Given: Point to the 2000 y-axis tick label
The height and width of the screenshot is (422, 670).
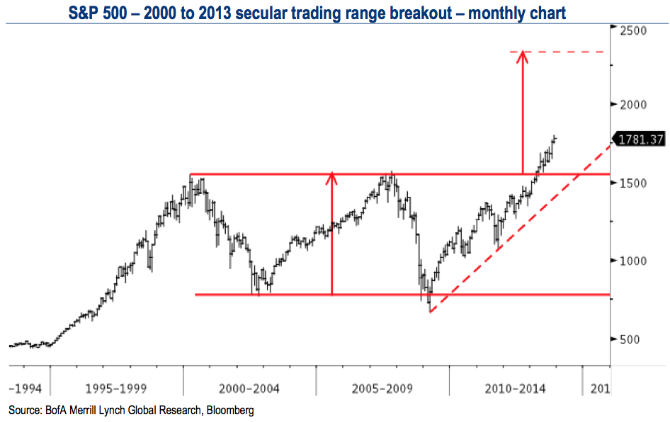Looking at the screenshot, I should click(635, 104).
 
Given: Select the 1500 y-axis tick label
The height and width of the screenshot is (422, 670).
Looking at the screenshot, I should click(635, 182).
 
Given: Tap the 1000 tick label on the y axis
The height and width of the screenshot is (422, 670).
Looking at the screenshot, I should click(635, 260).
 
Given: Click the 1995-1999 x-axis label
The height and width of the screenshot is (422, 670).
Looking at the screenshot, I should click(115, 388).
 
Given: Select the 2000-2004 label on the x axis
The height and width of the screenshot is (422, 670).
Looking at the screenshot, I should click(249, 388).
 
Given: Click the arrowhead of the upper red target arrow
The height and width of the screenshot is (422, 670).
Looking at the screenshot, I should click(522, 55).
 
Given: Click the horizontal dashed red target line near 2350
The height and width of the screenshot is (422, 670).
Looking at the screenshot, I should click(567, 52).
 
